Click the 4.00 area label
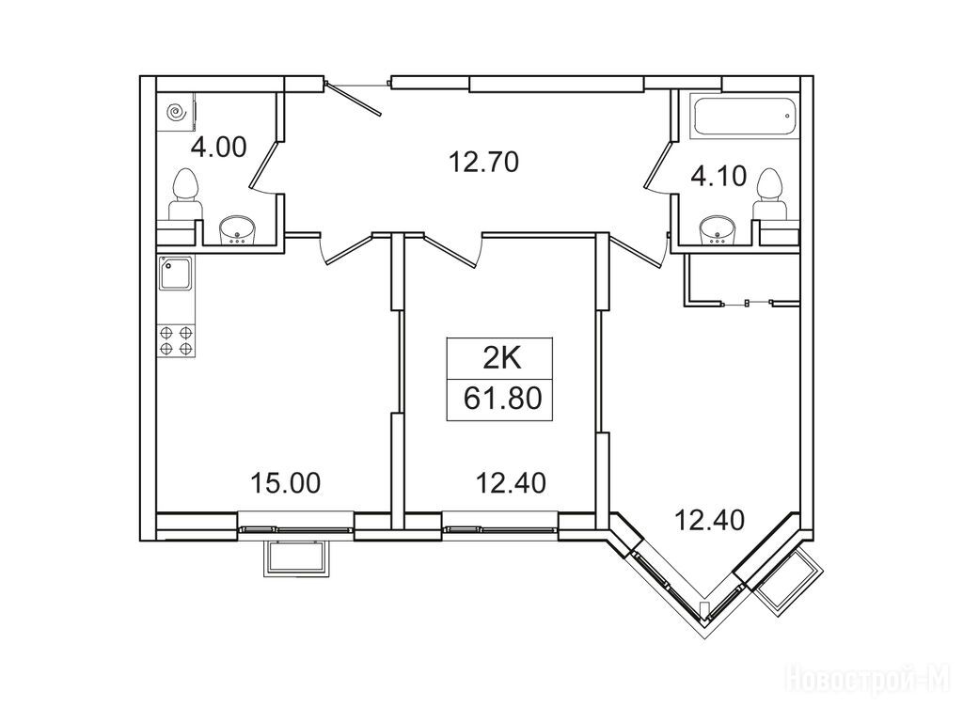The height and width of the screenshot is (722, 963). tap(218, 148)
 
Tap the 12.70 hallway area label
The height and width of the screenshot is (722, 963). tap(484, 162)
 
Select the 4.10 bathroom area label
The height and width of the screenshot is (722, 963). tap(718, 176)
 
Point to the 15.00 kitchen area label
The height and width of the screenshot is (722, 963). tap(285, 483)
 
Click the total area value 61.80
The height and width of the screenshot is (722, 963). tap(502, 399)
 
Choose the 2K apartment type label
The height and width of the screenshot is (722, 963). tap(502, 358)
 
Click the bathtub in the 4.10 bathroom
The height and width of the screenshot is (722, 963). tap(745, 115)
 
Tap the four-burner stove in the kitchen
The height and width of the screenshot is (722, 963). tap(176, 340)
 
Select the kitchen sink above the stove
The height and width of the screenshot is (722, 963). tap(176, 274)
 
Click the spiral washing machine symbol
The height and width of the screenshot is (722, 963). tap(176, 112)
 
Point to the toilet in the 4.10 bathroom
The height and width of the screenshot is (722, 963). tap(769, 194)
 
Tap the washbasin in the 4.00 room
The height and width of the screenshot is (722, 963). tap(238, 229)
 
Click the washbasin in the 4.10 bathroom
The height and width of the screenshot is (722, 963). tap(718, 229)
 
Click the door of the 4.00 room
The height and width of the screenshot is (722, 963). tap(265, 165)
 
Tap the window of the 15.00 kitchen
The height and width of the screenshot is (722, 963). tap(296, 529)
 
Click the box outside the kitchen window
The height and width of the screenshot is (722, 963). tap(296, 558)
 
